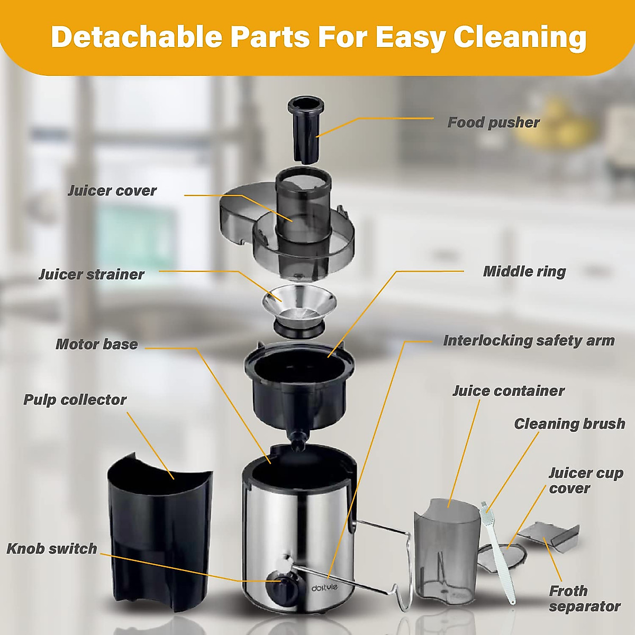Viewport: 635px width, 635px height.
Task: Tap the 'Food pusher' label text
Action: tap(493, 123)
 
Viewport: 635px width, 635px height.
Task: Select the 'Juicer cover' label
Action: tap(112, 190)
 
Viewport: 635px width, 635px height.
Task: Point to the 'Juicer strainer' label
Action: tap(91, 274)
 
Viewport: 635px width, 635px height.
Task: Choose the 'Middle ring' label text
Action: tap(524, 271)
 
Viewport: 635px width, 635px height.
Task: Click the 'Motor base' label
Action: tap(97, 344)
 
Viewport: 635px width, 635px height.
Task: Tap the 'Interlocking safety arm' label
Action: tap(529, 340)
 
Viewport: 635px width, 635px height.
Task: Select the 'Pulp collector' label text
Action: tap(75, 400)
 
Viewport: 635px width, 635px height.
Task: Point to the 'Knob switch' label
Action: tap(52, 548)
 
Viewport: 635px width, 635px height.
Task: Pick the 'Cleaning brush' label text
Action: tap(569, 424)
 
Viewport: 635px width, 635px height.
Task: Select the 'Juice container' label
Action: tap(509, 391)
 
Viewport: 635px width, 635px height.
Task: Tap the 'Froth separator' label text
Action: tap(584, 598)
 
